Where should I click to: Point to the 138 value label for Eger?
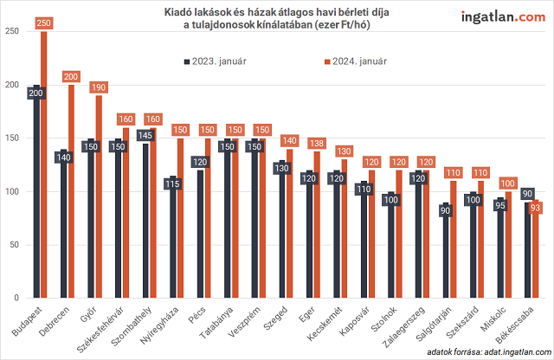[x=318, y=144]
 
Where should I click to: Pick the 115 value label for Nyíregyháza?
[x=173, y=183]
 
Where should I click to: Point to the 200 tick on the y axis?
[x=11, y=85]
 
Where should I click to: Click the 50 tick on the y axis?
[x=13, y=245]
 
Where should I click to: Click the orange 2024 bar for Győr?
[x=100, y=199]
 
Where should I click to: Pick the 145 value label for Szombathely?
[x=145, y=135]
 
